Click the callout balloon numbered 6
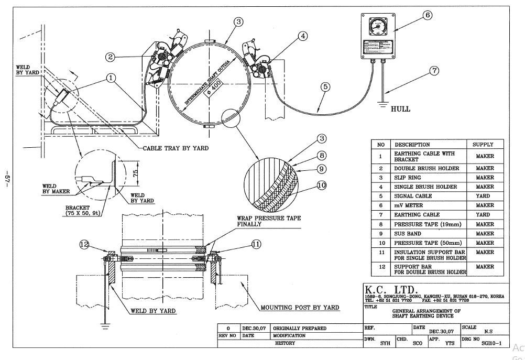coord(428,15)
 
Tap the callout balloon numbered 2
coord(110,57)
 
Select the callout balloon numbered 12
coord(85,244)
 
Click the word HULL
coord(400,109)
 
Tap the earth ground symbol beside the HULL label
coord(385,105)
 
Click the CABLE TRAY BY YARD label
coord(176,148)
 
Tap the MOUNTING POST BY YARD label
coord(300,308)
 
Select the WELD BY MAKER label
coord(56,188)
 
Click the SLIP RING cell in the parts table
coord(406,178)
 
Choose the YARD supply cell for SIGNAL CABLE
coord(484,196)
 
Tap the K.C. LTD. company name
coord(390,290)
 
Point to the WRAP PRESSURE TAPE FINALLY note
coord(269,221)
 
